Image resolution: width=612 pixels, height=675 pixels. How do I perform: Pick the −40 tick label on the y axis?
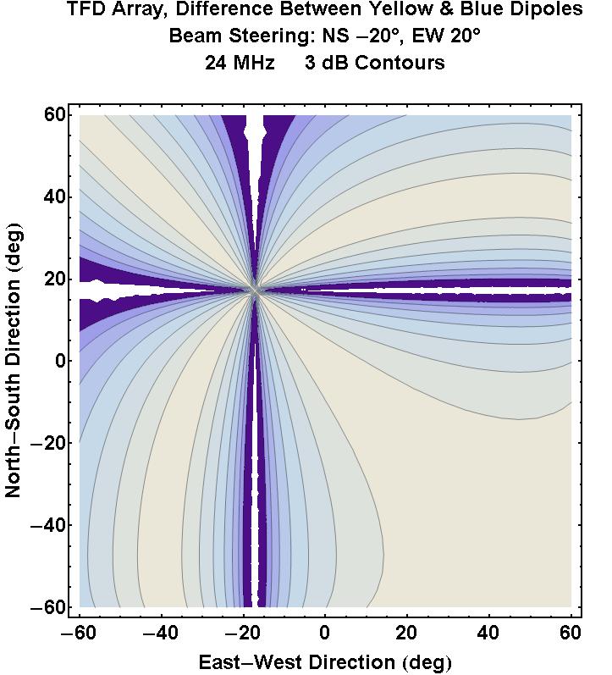pyautogui.click(x=47, y=525)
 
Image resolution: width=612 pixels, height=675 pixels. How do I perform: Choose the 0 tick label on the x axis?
pyautogui.click(x=325, y=633)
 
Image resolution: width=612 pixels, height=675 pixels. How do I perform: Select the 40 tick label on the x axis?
pyautogui.click(x=488, y=633)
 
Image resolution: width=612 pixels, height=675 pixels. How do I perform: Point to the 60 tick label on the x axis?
pyautogui.click(x=571, y=633)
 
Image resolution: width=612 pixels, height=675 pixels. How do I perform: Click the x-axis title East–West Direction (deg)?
pyautogui.click(x=324, y=661)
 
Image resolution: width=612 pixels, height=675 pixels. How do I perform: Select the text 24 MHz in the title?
pyautogui.click(x=240, y=63)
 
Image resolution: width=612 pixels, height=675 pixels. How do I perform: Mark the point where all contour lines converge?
pyautogui.click(x=256, y=290)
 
